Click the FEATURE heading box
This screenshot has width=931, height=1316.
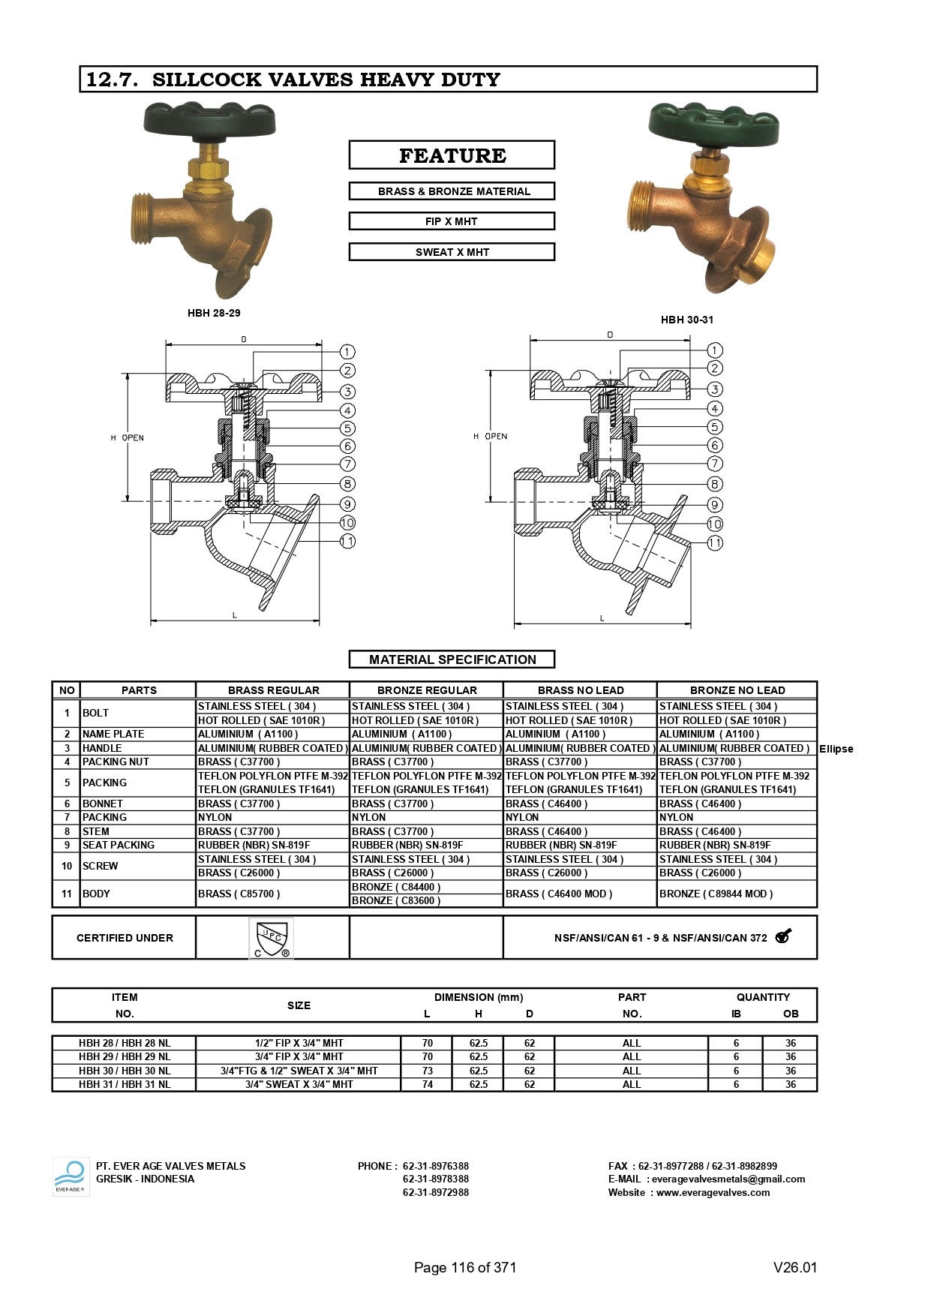[x=452, y=155]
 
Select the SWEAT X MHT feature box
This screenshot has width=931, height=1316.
[x=452, y=252]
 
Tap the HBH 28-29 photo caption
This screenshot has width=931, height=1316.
[x=214, y=313]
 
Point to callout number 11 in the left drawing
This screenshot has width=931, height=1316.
[x=347, y=541]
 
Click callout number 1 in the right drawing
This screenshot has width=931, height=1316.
[x=714, y=350]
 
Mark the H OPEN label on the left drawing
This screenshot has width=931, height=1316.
[x=128, y=437]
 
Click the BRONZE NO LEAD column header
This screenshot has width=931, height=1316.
[x=737, y=690]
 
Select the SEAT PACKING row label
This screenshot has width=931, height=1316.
[x=119, y=845]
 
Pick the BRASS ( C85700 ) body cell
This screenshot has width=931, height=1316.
[x=239, y=894]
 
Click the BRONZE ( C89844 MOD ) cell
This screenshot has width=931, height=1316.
[x=716, y=894]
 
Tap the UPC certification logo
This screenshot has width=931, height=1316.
[x=271, y=938]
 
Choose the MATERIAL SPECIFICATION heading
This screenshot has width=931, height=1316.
[x=452, y=660]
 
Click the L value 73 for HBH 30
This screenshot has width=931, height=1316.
[x=427, y=1071]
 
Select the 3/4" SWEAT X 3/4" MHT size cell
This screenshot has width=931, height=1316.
[x=299, y=1084]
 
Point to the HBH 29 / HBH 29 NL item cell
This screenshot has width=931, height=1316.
[x=125, y=1056]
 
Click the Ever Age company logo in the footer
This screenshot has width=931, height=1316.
[x=71, y=1177]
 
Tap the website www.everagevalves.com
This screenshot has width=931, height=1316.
[x=713, y=1192]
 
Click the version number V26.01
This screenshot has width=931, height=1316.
[x=794, y=1267]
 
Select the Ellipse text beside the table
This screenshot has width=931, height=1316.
[x=836, y=749]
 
